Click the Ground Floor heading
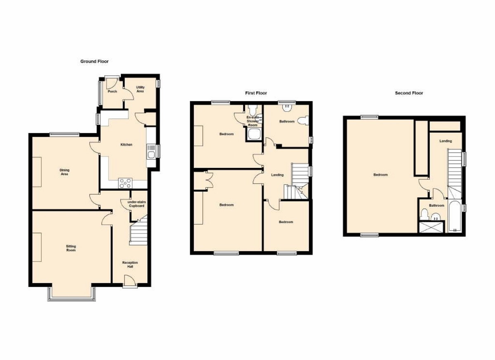click(x=94, y=62)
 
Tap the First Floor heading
click(x=256, y=93)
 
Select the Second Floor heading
click(x=409, y=93)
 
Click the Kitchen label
click(x=126, y=144)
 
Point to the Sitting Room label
click(x=71, y=248)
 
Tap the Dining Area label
click(x=64, y=172)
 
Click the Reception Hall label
click(x=130, y=265)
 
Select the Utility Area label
click(x=140, y=89)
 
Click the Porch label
click(x=112, y=91)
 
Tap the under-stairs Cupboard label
click(x=137, y=204)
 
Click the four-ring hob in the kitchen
click(x=125, y=183)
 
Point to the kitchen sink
click(x=151, y=152)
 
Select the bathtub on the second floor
click(x=455, y=216)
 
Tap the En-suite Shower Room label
click(x=252, y=121)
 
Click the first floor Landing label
click(x=277, y=175)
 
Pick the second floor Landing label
click(x=445, y=141)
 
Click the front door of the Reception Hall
click(x=130, y=281)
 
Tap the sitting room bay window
click(x=72, y=294)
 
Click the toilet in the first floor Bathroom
click(x=303, y=121)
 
